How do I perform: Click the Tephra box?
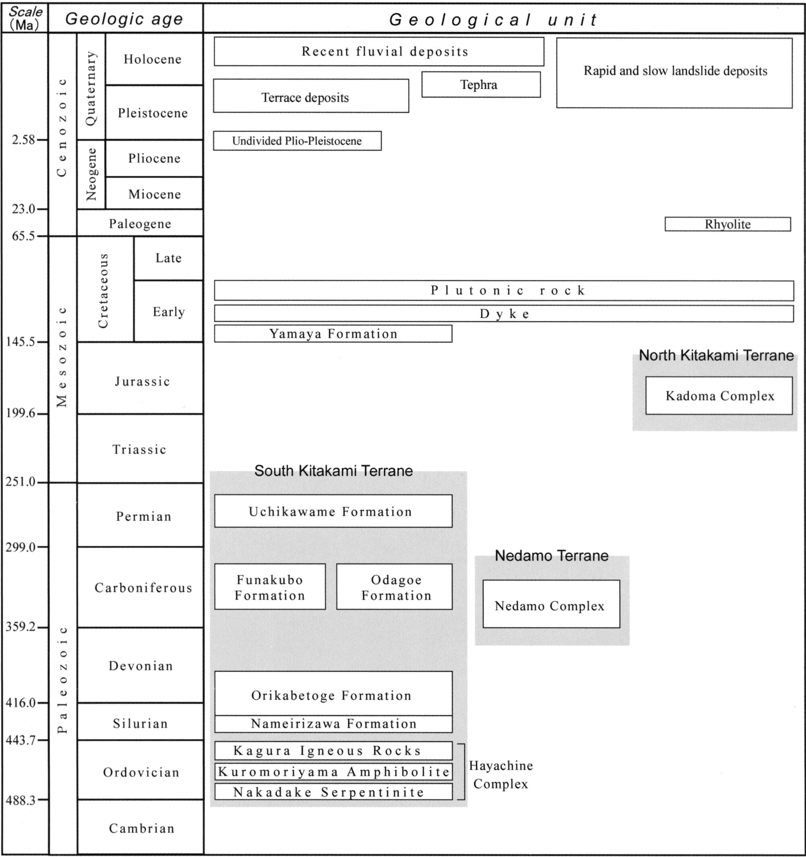click(481, 85)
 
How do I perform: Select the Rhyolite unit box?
click(727, 224)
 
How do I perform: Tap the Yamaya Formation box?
click(333, 334)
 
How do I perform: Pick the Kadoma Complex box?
click(719, 396)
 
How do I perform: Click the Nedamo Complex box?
click(551, 603)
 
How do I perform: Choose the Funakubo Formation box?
click(270, 587)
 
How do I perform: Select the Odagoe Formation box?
click(394, 587)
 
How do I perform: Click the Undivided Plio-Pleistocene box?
click(297, 141)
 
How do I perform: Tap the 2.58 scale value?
click(23, 139)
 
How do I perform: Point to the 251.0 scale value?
click(20, 482)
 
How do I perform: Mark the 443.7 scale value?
click(20, 740)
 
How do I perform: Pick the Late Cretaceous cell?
click(168, 258)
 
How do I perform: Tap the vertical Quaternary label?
click(91, 88)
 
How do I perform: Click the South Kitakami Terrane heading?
click(333, 471)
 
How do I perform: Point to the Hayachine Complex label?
click(501, 775)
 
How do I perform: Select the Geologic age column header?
click(124, 19)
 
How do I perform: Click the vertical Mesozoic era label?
click(62, 357)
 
